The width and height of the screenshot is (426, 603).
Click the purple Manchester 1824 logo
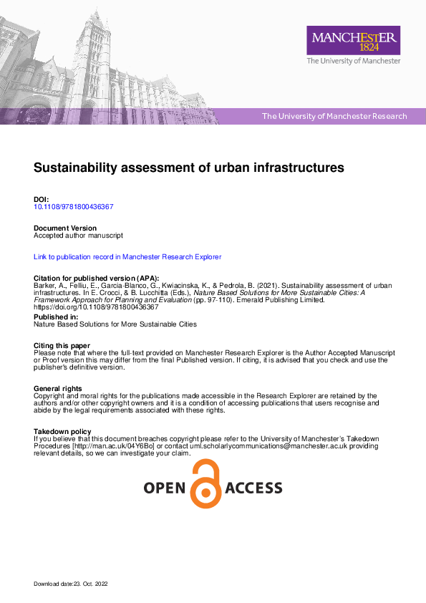click(354, 40)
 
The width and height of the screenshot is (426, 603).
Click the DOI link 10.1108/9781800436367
click(74, 207)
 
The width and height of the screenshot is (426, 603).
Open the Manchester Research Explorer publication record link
click(127, 256)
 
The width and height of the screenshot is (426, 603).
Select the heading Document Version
click(65, 228)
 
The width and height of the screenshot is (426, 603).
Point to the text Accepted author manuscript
click(79, 235)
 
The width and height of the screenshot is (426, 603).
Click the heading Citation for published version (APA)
click(97, 278)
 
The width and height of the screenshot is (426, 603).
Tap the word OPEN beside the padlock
click(165, 488)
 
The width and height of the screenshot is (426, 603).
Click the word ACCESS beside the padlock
click(253, 488)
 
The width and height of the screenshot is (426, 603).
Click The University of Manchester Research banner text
click(334, 116)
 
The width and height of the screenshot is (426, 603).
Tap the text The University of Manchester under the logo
click(354, 62)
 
